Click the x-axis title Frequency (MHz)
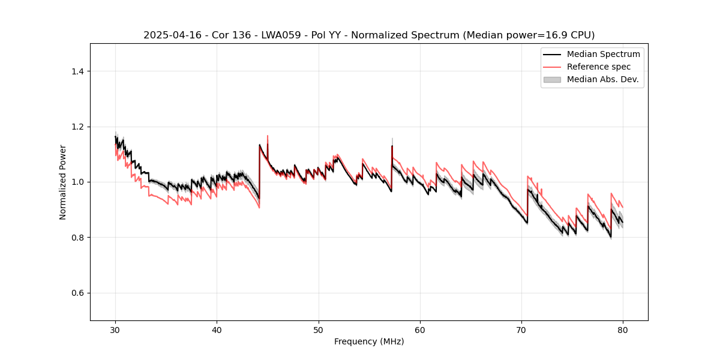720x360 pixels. (x=369, y=341)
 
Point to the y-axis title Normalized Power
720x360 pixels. (x=63, y=182)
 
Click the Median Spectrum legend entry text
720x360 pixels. (x=603, y=54)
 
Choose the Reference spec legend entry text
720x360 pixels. (x=599, y=67)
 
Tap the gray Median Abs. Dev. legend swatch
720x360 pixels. (x=551, y=79)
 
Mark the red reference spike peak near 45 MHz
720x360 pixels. (x=267, y=136)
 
